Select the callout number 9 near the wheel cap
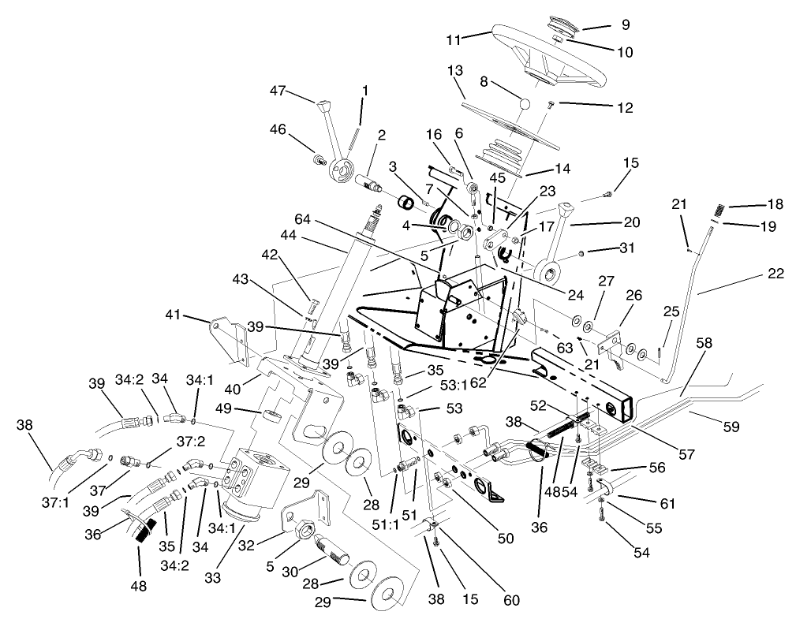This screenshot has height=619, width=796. click(626, 24)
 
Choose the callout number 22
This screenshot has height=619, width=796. click(775, 274)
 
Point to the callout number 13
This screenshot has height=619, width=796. click(455, 70)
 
